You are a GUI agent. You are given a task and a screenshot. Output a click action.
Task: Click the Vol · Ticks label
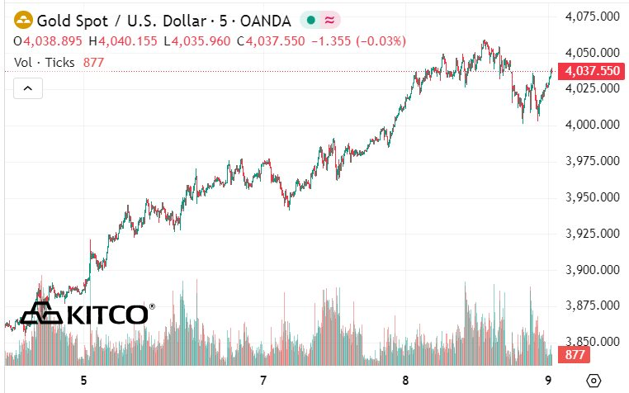coord(45,62)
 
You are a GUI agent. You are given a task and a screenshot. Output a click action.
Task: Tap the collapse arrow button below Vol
coord(28,88)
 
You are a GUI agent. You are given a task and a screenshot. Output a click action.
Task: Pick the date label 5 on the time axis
coord(83,381)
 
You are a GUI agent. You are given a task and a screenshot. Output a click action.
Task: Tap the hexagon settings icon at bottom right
coord(593,381)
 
